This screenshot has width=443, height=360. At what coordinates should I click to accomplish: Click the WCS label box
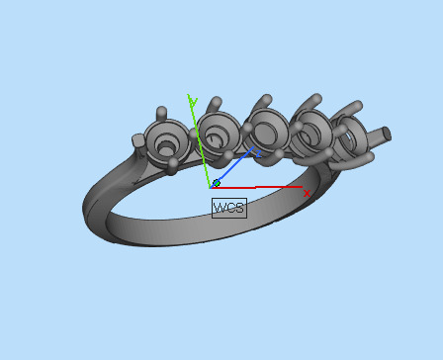(228, 207)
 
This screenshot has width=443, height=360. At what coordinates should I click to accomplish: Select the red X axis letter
(307, 193)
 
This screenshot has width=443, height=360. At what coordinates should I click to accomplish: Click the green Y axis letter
(194, 102)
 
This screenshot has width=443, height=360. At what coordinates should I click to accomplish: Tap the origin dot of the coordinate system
(216, 183)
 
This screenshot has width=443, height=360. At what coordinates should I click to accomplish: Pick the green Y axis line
(202, 138)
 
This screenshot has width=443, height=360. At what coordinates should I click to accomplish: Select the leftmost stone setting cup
(166, 140)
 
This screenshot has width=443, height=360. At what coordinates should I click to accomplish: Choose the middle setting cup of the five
(265, 129)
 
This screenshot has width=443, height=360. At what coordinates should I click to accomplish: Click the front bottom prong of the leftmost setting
(174, 164)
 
